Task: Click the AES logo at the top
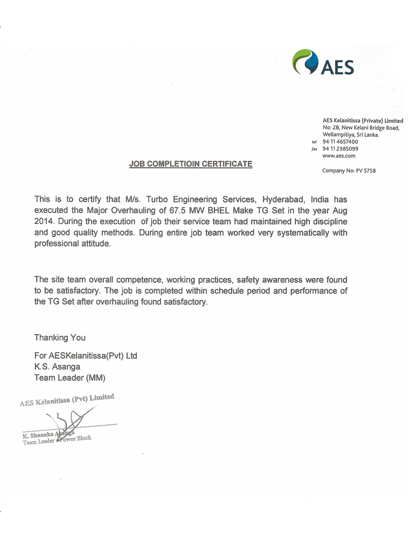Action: click(323, 62)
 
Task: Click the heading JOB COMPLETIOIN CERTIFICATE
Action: click(191, 164)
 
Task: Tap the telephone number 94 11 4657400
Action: click(340, 141)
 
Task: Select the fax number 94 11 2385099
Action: click(340, 148)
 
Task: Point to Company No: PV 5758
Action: click(349, 171)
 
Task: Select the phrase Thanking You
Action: click(60, 337)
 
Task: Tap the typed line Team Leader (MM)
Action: click(70, 378)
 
